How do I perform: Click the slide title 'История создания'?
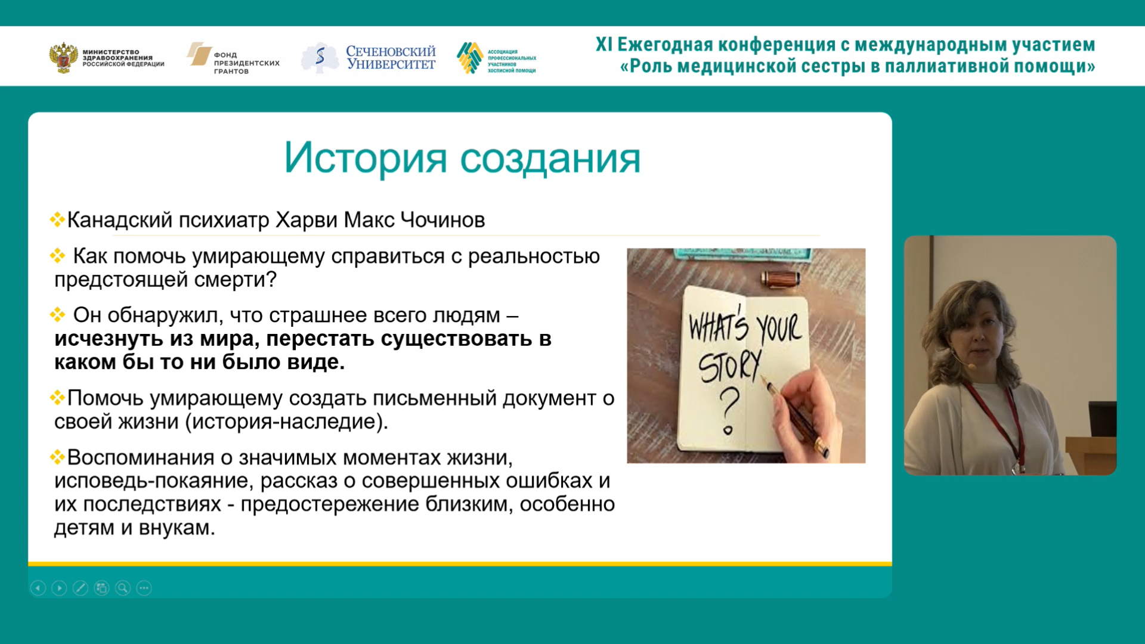(462, 158)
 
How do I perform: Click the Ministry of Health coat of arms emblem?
(63, 58)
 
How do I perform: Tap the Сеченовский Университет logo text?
(391, 58)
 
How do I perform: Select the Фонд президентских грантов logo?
(233, 58)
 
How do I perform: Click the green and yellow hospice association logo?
(470, 58)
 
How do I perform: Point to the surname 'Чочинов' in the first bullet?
(442, 220)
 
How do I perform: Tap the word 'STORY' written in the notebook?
(729, 366)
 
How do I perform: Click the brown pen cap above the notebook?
(780, 278)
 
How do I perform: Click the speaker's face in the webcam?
(982, 334)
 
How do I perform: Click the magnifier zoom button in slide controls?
(123, 589)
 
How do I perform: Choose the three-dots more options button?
(144, 589)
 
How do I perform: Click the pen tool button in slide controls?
(81, 589)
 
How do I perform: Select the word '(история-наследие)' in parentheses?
(287, 422)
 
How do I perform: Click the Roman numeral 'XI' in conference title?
(604, 45)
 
